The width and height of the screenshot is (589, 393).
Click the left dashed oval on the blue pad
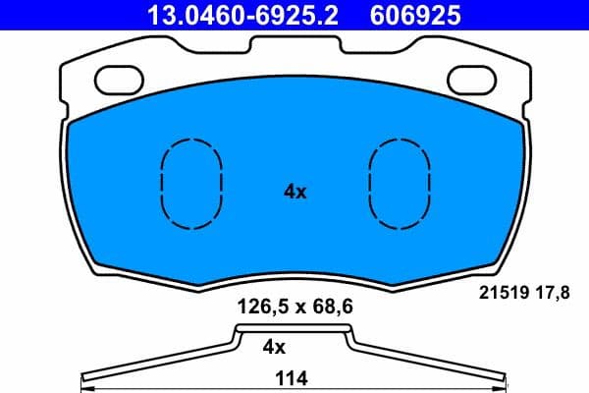[x=191, y=180]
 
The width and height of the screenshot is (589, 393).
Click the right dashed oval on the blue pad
[x=400, y=180]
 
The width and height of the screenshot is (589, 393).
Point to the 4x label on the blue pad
[x=294, y=193]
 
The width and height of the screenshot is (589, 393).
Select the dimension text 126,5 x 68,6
[x=295, y=306]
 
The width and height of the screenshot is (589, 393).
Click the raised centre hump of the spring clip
[x=294, y=330]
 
